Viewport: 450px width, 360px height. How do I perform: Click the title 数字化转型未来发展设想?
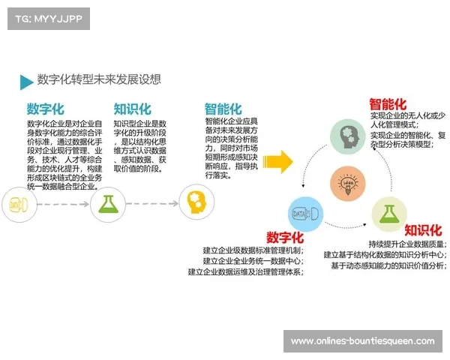[x=99, y=79]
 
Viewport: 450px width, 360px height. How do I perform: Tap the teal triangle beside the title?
[x=26, y=81]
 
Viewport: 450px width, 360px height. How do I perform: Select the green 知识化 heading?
[x=132, y=109]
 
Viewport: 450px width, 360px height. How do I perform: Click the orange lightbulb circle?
[x=348, y=183]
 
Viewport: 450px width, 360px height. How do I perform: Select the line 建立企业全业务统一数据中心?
[x=253, y=260]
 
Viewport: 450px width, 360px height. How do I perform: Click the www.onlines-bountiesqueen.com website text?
[x=362, y=341]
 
